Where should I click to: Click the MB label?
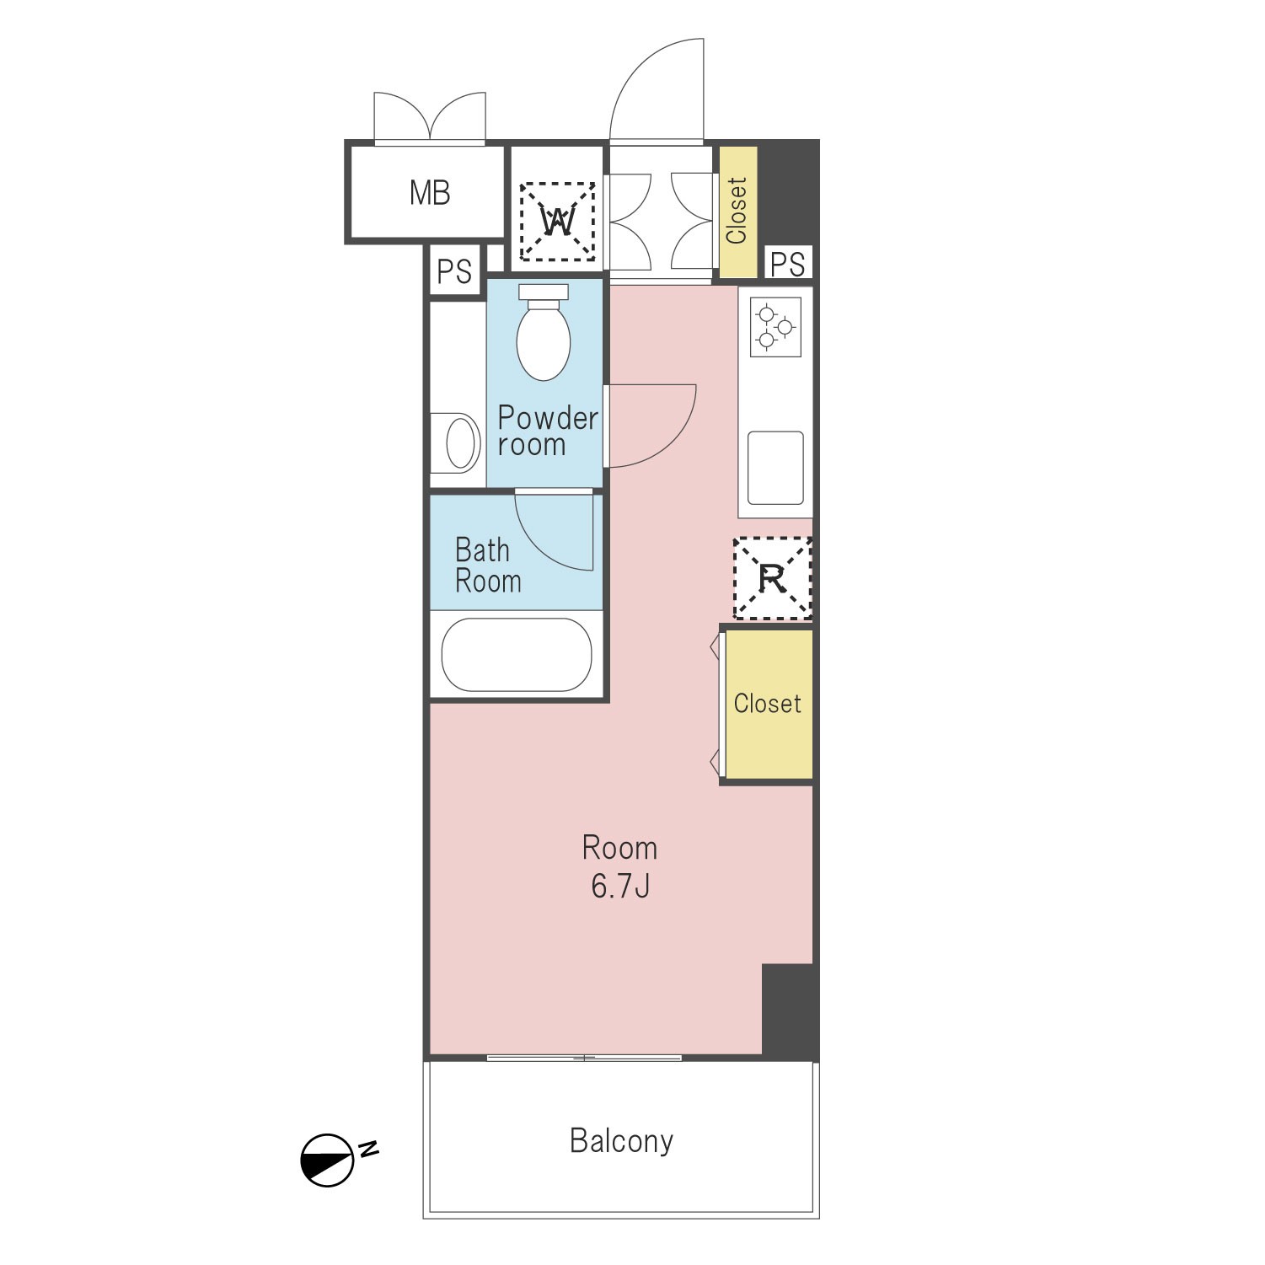pos(430,193)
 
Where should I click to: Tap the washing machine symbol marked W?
pos(557,222)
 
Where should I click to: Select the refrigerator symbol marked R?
pos(772,578)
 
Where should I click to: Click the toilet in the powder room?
pos(544,332)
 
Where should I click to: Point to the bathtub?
pos(517,655)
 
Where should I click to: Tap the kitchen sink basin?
pos(775,469)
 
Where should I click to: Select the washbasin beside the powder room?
pos(456,442)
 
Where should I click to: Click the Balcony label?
pos(621,1140)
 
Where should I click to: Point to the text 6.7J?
pos(620,887)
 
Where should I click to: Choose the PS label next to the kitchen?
pos(788,264)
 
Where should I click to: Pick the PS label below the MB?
pos(454,271)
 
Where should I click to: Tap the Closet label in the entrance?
pos(737,211)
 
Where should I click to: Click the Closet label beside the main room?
pos(767,703)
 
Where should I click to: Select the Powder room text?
pos(548,431)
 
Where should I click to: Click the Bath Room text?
pos(488,565)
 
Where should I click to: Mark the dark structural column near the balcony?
pos(790,1010)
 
